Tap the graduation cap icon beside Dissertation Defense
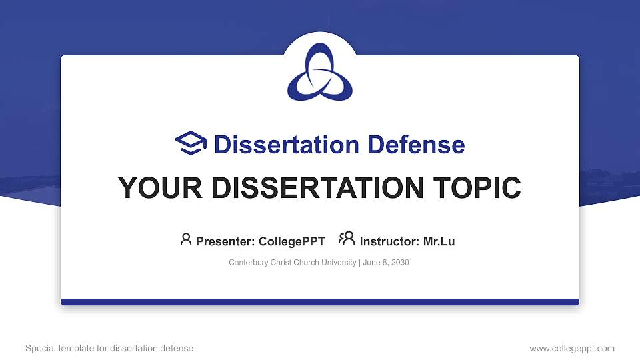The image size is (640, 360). pyautogui.click(x=191, y=144)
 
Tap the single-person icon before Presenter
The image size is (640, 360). pyautogui.click(x=186, y=239)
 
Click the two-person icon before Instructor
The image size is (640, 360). pyautogui.click(x=347, y=239)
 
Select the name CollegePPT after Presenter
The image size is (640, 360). pyautogui.click(x=293, y=241)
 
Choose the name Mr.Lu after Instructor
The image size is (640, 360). pyautogui.click(x=439, y=241)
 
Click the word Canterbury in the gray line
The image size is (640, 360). pyautogui.click(x=248, y=263)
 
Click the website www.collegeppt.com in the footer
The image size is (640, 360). pyautogui.click(x=572, y=348)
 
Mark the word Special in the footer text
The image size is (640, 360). pyautogui.click(x=39, y=348)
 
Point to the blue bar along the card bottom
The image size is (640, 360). pyautogui.click(x=320, y=302)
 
